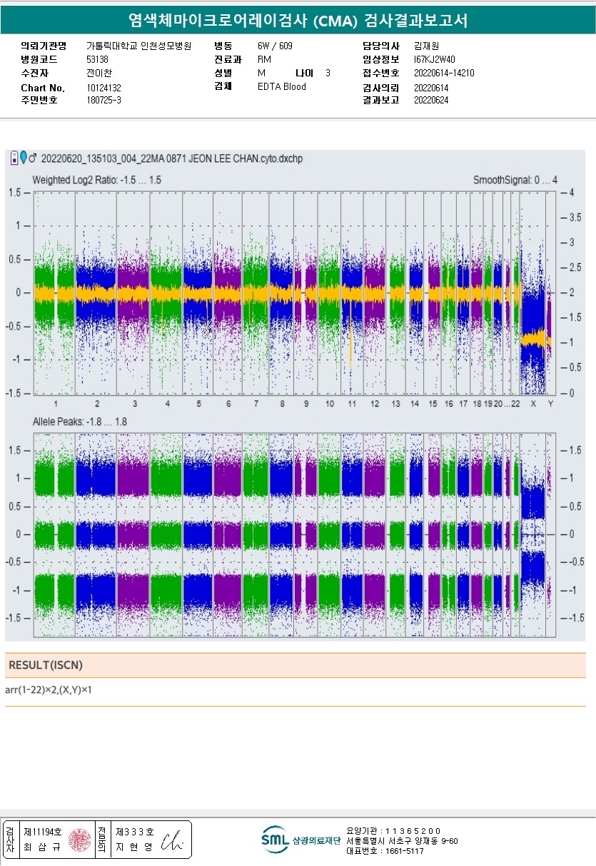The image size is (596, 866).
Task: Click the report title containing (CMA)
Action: [298, 20]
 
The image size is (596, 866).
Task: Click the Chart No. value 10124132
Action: [103, 88]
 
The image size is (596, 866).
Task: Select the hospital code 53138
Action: [97, 59]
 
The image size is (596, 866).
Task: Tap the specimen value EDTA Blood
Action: [281, 87]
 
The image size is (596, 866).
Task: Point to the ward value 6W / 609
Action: [275, 46]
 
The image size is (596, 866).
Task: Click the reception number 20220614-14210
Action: [444, 73]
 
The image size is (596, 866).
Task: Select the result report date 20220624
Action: [431, 100]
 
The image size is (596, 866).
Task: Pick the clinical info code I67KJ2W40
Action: [434, 59]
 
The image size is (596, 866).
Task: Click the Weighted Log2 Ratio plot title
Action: [96, 180]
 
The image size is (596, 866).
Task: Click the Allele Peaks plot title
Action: [80, 422]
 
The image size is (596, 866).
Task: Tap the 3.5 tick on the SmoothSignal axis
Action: [572, 218]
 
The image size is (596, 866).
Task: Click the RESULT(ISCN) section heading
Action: [46, 665]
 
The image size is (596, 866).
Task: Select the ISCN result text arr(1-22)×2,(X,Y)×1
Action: [54, 691]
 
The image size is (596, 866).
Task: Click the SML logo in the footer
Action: [273, 840]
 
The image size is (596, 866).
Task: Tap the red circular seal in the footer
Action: [80, 840]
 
